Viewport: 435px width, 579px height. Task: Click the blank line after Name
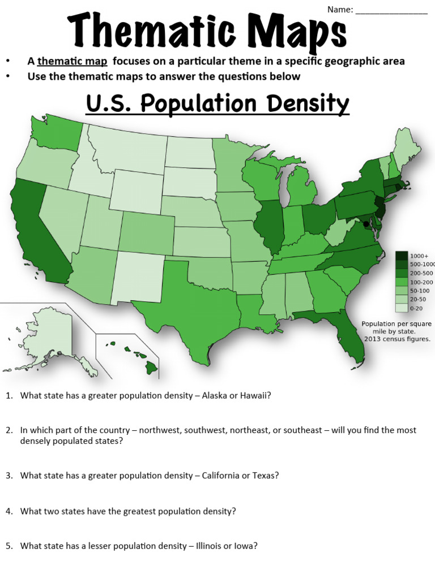pos(391,10)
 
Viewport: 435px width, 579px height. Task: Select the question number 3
pos(9,476)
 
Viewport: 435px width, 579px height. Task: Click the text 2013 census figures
pos(397,339)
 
